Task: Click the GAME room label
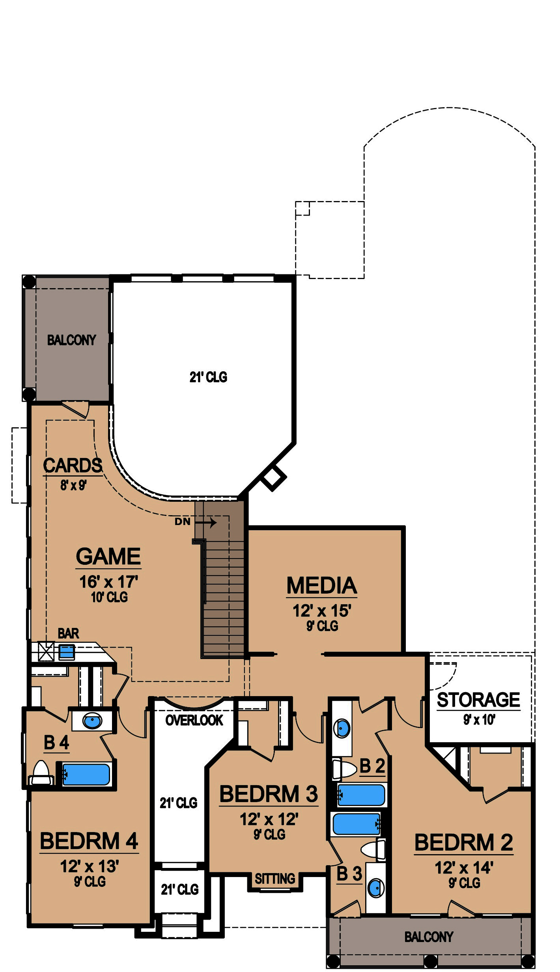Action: (x=108, y=556)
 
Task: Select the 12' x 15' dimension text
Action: (x=322, y=611)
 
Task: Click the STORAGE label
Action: (x=478, y=700)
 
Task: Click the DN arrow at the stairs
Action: (x=206, y=523)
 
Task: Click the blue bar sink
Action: (x=67, y=652)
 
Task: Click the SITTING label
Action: (x=275, y=879)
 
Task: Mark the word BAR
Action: (x=68, y=633)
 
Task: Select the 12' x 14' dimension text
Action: (x=464, y=868)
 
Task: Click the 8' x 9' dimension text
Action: (x=73, y=485)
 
